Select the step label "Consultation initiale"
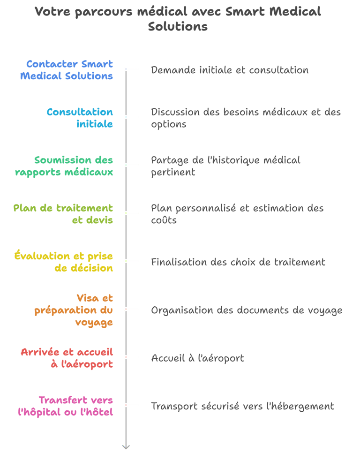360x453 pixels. tap(80, 118)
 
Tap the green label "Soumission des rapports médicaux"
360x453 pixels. tap(64, 166)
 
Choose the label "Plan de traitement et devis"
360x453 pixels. tap(63, 214)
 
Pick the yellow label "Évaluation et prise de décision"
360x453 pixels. tap(64, 262)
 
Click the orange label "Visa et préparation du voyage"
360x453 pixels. tap(74, 310)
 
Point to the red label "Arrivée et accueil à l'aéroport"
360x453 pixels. tap(67, 358)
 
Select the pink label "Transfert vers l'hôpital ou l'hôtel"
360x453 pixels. tap(66, 406)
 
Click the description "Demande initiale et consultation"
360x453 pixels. tap(230, 70)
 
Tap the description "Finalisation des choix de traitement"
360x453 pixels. tap(238, 262)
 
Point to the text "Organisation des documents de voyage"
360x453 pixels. tap(247, 310)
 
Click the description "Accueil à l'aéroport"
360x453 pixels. tap(197, 358)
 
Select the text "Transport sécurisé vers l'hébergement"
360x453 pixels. tap(242, 406)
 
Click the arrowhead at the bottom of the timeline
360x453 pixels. tap(126, 447)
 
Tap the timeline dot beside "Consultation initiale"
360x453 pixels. tap(126, 117)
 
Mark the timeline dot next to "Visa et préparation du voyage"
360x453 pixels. tap(126, 309)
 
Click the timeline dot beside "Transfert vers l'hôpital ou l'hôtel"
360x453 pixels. tap(126, 405)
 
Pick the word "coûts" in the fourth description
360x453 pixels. tap(164, 219)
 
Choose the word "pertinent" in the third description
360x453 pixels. tap(173, 172)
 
